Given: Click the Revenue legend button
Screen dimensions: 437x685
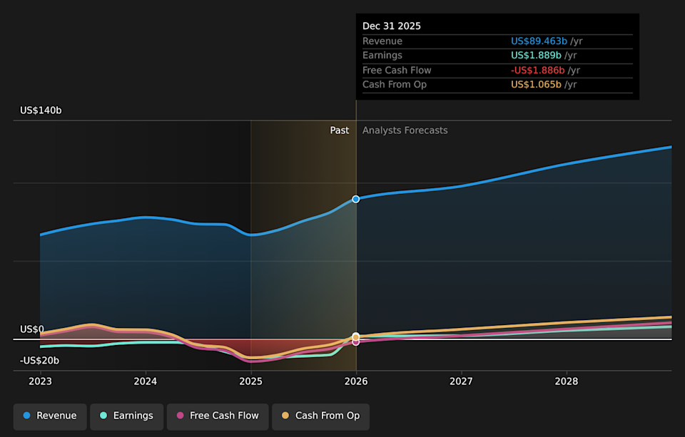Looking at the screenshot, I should tap(50, 416).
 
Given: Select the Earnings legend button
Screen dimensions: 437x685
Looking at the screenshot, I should tap(126, 416).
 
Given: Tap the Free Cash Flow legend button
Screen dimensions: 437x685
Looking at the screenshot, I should tap(217, 416).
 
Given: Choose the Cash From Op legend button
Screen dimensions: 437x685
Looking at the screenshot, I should tap(320, 416).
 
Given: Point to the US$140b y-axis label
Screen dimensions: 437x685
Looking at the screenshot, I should tap(41, 110).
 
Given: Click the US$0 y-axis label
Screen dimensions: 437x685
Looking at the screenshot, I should tap(31, 329).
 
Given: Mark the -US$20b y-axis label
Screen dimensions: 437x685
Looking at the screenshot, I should tap(39, 361).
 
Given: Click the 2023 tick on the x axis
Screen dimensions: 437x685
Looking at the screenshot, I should tap(40, 381).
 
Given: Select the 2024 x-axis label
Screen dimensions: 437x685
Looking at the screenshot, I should tap(146, 381).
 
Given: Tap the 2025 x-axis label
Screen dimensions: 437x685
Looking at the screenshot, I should tap(250, 381).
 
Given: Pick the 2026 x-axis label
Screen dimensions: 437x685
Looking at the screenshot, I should tap(356, 381).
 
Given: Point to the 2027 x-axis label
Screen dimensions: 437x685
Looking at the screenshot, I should tap(462, 381).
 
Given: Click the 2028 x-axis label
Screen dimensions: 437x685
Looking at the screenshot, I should tap(567, 381).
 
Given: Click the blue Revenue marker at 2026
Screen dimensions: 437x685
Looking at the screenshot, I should tap(356, 199).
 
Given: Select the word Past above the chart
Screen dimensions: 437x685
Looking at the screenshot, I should tap(339, 130).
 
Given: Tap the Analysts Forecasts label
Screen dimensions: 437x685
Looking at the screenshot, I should tap(405, 130).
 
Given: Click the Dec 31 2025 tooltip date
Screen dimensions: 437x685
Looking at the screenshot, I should tap(392, 26).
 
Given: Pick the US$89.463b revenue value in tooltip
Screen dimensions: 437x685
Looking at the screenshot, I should tap(539, 41).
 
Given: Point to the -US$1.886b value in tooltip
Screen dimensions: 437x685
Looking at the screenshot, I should tap(537, 71).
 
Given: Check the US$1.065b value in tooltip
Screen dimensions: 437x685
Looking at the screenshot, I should tap(537, 85).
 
